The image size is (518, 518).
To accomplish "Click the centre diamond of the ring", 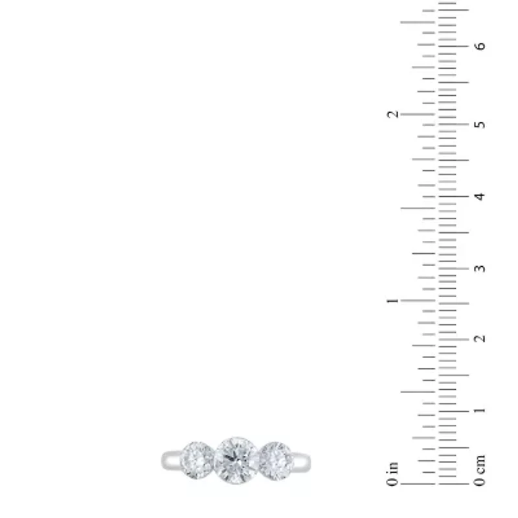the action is pyautogui.click(x=236, y=460).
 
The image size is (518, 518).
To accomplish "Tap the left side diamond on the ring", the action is pyautogui.click(x=197, y=460).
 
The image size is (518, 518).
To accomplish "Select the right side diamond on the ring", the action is pyautogui.click(x=276, y=461).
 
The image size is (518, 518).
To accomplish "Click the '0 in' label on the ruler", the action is pyautogui.click(x=392, y=475).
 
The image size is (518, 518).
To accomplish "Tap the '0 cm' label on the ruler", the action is pyautogui.click(x=480, y=471).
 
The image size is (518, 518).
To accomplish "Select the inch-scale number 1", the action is pyautogui.click(x=392, y=300).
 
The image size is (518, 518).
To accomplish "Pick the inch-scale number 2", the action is pyautogui.click(x=393, y=115).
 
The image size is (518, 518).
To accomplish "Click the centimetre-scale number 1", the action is pyautogui.click(x=480, y=411).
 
